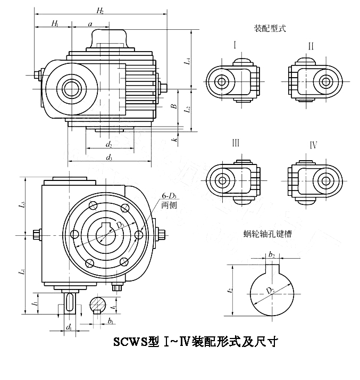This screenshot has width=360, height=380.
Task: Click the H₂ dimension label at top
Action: click(x=100, y=10)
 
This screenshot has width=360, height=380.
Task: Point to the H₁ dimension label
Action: click(x=55, y=23)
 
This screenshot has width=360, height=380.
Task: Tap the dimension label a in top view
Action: click(x=90, y=23)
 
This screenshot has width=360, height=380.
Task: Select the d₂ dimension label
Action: click(x=108, y=144)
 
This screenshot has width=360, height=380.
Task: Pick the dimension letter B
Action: click(x=173, y=106)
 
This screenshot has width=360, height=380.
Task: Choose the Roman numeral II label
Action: click(x=311, y=46)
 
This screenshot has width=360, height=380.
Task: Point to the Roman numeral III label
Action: click(x=235, y=144)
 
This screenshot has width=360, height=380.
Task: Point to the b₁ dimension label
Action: click(x=110, y=321)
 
